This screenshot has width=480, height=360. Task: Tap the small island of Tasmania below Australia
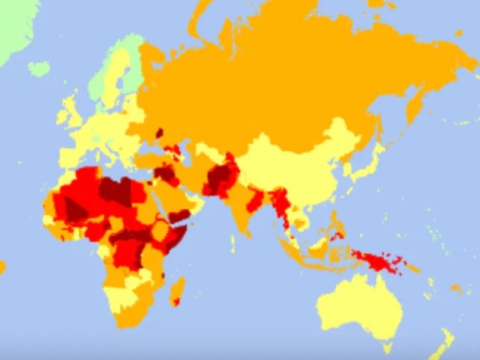387,347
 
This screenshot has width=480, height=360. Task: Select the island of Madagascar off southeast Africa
178,291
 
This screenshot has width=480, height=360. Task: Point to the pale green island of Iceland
38,69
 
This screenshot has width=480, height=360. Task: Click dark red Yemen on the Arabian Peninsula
179,215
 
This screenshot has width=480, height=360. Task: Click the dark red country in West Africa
75,209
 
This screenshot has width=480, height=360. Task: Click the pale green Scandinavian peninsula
112,75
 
